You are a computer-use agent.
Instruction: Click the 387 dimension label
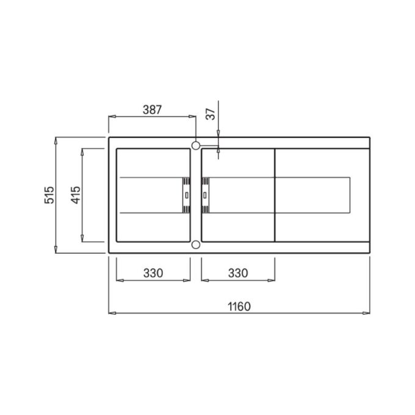pos(152,110)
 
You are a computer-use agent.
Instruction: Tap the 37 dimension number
pos(211,114)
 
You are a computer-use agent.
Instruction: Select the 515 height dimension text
pos(49,195)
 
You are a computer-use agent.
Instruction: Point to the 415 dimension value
pos(76,195)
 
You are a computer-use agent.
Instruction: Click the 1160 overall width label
pos(239,307)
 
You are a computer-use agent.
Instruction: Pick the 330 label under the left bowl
pos(153,273)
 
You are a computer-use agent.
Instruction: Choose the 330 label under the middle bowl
pos(238,273)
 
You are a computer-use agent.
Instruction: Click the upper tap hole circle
pos(195,145)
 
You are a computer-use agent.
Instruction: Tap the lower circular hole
pos(195,245)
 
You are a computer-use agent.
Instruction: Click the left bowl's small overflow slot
pos(187,195)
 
